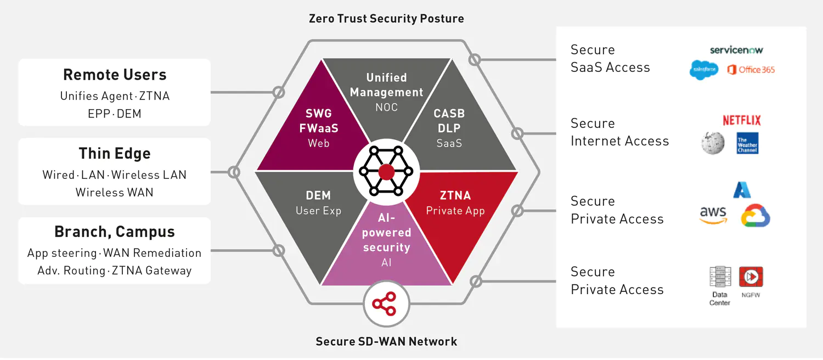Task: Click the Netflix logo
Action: (741, 120)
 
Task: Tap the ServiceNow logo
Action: (736, 50)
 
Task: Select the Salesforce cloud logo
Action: (704, 70)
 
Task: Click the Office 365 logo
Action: (751, 70)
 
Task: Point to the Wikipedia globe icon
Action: (713, 143)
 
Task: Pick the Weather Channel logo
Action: (747, 143)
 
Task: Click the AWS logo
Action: (713, 215)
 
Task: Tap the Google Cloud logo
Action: (756, 216)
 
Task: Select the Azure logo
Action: (742, 189)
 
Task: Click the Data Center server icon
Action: (720, 278)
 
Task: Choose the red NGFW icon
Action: (751, 277)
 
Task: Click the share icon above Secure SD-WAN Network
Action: (386, 303)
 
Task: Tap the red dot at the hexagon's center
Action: (386, 172)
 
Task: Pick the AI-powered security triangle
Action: (386, 247)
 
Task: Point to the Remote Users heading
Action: (115, 75)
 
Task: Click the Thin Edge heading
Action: (115, 153)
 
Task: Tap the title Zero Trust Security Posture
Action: (386, 19)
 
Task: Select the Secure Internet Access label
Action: (619, 132)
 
